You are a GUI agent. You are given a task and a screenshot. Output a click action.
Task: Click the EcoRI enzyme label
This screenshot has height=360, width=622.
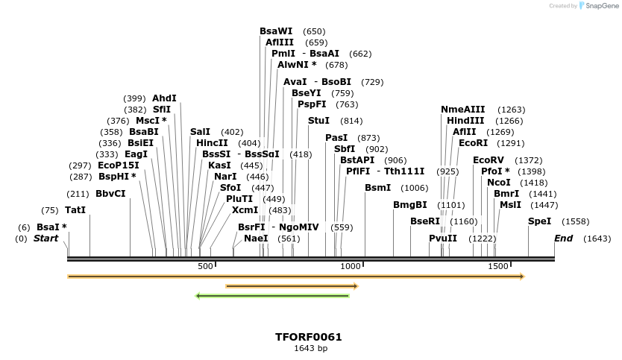tap(472, 143)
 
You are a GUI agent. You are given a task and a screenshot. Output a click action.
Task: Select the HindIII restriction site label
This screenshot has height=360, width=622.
tap(465, 121)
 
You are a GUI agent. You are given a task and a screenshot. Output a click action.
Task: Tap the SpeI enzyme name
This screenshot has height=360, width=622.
tap(539, 221)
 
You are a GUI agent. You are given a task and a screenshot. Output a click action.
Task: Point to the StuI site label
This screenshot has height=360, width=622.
tap(318, 121)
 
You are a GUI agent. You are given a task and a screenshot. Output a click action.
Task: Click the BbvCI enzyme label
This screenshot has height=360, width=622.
tap(110, 194)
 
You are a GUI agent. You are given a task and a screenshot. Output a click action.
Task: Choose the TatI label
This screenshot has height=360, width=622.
tap(75, 210)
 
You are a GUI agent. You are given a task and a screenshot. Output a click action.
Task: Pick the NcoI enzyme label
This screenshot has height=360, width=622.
tap(498, 183)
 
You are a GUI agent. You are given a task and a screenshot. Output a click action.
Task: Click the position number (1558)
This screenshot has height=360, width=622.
tap(575, 221)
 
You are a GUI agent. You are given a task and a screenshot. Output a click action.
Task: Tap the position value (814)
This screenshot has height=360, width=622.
tap(351, 121)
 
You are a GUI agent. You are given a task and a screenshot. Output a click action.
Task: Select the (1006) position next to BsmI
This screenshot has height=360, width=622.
tap(414, 188)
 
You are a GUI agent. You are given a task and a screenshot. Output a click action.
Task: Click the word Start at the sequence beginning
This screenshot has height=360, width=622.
tap(45, 239)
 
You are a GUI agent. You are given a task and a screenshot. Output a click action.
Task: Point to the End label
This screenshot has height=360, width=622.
tap(563, 239)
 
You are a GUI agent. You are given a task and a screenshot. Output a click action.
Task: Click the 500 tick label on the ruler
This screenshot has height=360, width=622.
tap(205, 267)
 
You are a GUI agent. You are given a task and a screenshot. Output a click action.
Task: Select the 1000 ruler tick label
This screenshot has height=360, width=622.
tap(351, 267)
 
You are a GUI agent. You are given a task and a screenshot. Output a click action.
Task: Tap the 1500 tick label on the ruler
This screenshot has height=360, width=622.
tap(498, 267)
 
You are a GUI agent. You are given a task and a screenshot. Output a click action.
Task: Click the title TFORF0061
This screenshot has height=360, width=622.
tap(308, 337)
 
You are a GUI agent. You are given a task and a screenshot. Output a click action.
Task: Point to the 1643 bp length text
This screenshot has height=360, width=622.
tap(310, 348)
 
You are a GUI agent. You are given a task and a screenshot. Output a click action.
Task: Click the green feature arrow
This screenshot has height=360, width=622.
tap(272, 296)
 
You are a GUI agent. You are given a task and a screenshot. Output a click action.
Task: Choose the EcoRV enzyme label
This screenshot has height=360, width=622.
tap(489, 160)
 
